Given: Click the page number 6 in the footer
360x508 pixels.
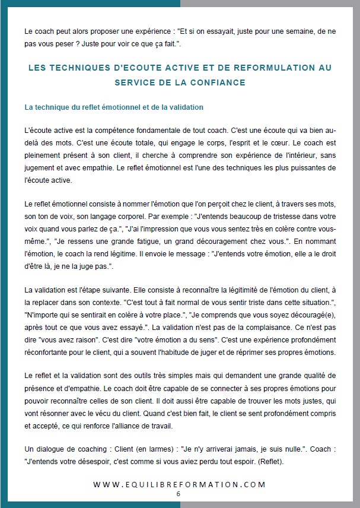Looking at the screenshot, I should coord(178,494).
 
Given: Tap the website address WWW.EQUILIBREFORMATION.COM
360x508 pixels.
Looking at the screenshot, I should coord(179,484).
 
